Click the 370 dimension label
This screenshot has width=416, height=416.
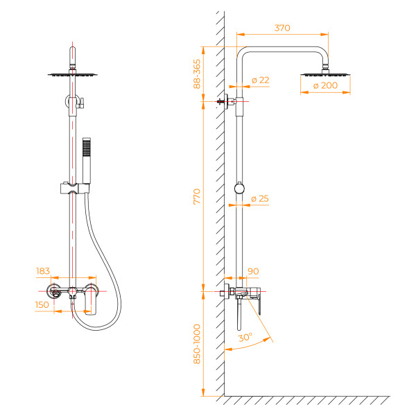[281, 28]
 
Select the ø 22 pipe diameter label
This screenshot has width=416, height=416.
[261, 80]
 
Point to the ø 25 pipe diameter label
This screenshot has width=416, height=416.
[260, 199]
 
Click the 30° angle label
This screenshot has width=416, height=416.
[245, 338]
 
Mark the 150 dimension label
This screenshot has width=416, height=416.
[43, 304]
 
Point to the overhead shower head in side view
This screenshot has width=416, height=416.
[324, 73]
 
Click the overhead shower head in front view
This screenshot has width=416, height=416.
[72, 74]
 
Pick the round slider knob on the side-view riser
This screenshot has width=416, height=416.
[240, 188]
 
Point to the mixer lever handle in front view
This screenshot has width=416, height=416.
[91, 302]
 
